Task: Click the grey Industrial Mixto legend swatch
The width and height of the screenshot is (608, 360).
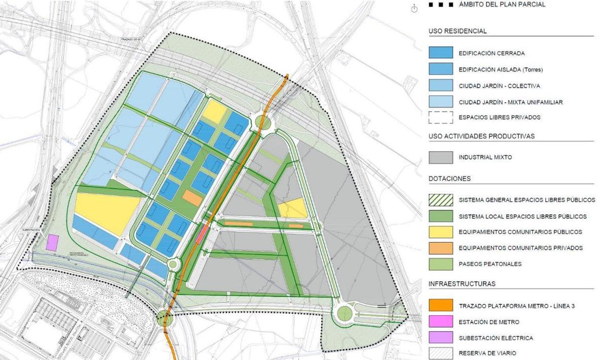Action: pyautogui.click(x=440, y=157)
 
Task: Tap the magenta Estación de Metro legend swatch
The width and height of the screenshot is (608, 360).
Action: pyautogui.click(x=440, y=322)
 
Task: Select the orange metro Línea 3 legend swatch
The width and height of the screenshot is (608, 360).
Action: pyautogui.click(x=440, y=306)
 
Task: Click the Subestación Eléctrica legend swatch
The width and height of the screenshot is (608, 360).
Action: pyautogui.click(x=440, y=338)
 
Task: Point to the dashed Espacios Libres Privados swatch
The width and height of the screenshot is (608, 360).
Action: pyautogui.click(x=440, y=117)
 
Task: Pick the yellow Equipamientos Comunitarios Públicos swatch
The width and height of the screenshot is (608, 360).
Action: pyautogui.click(x=440, y=232)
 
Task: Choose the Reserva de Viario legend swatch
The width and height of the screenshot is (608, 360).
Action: pyautogui.click(x=440, y=353)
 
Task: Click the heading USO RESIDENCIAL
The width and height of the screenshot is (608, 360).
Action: pyautogui.click(x=457, y=31)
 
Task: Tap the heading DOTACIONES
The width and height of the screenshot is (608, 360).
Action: pyautogui.click(x=449, y=178)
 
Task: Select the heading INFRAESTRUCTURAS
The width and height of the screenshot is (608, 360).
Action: pyautogui.click(x=462, y=283)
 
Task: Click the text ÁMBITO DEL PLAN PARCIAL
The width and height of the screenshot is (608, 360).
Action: pyautogui.click(x=495, y=5)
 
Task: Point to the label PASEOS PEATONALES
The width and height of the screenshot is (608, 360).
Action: pyautogui.click(x=489, y=264)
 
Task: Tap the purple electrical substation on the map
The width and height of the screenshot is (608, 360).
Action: pyautogui.click(x=52, y=242)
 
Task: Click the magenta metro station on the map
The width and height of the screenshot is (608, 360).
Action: pyautogui.click(x=201, y=234)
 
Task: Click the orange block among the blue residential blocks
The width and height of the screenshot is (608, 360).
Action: pyautogui.click(x=192, y=198)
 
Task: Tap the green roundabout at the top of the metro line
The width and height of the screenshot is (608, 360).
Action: pyautogui.click(x=263, y=122)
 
